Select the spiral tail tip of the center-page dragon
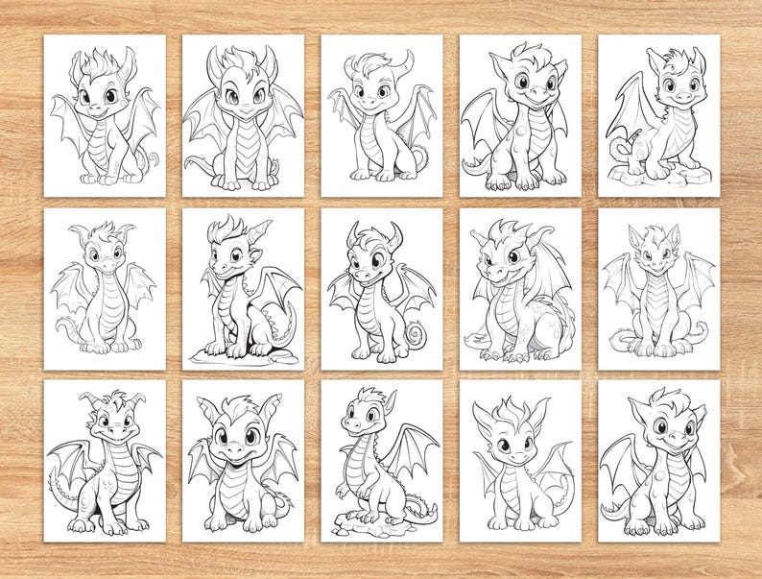[x=417, y=336]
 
